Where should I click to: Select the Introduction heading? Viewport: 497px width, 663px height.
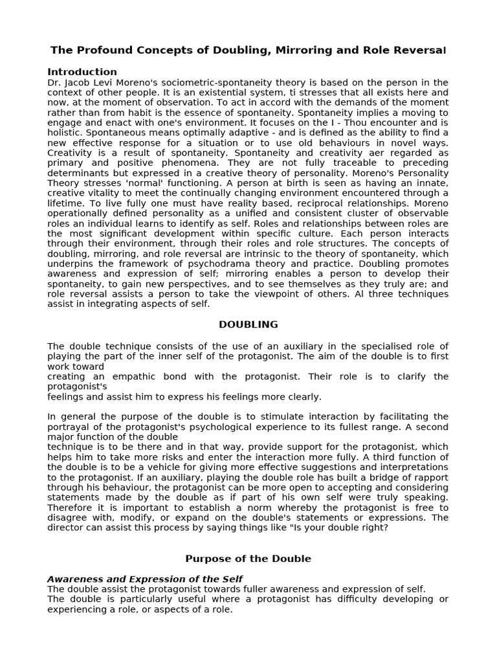tap(82, 72)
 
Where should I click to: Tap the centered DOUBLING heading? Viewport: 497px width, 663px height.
tap(248, 324)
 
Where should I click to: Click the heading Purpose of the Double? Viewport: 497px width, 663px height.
tap(248, 559)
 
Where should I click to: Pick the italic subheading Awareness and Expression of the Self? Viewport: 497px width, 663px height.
tap(145, 578)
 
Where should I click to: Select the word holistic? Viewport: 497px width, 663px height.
tap(66, 133)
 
